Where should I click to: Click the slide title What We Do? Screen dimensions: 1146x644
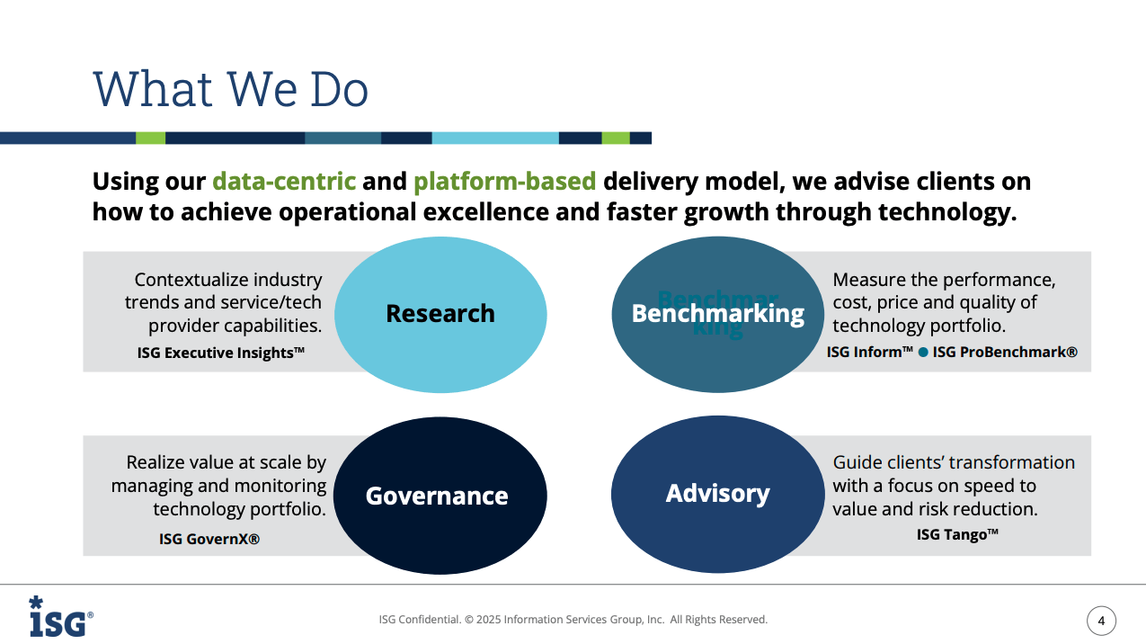click(x=230, y=89)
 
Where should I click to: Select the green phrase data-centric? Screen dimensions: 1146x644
click(x=284, y=181)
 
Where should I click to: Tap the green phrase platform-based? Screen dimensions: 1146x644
click(x=504, y=182)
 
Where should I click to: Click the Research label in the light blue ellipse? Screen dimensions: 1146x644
click(x=440, y=313)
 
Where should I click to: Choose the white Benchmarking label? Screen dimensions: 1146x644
click(x=718, y=313)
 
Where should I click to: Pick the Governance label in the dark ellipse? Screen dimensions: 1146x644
click(x=437, y=496)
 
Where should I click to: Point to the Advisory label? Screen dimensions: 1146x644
click(x=718, y=494)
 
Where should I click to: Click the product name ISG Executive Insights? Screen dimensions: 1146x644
click(x=221, y=353)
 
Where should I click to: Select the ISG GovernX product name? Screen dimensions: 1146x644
click(x=209, y=539)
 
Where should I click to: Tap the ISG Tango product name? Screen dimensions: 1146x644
click(x=957, y=534)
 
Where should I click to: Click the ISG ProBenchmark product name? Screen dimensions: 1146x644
click(x=1005, y=353)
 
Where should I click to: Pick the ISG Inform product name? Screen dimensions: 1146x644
click(x=870, y=353)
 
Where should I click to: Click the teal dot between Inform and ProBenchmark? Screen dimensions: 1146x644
click(x=923, y=353)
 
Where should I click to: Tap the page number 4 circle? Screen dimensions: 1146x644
click(x=1101, y=621)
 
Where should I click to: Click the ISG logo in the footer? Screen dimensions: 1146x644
click(x=61, y=616)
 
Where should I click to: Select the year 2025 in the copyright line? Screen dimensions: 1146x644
click(x=489, y=620)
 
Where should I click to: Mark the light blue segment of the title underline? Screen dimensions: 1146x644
click(x=495, y=139)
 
